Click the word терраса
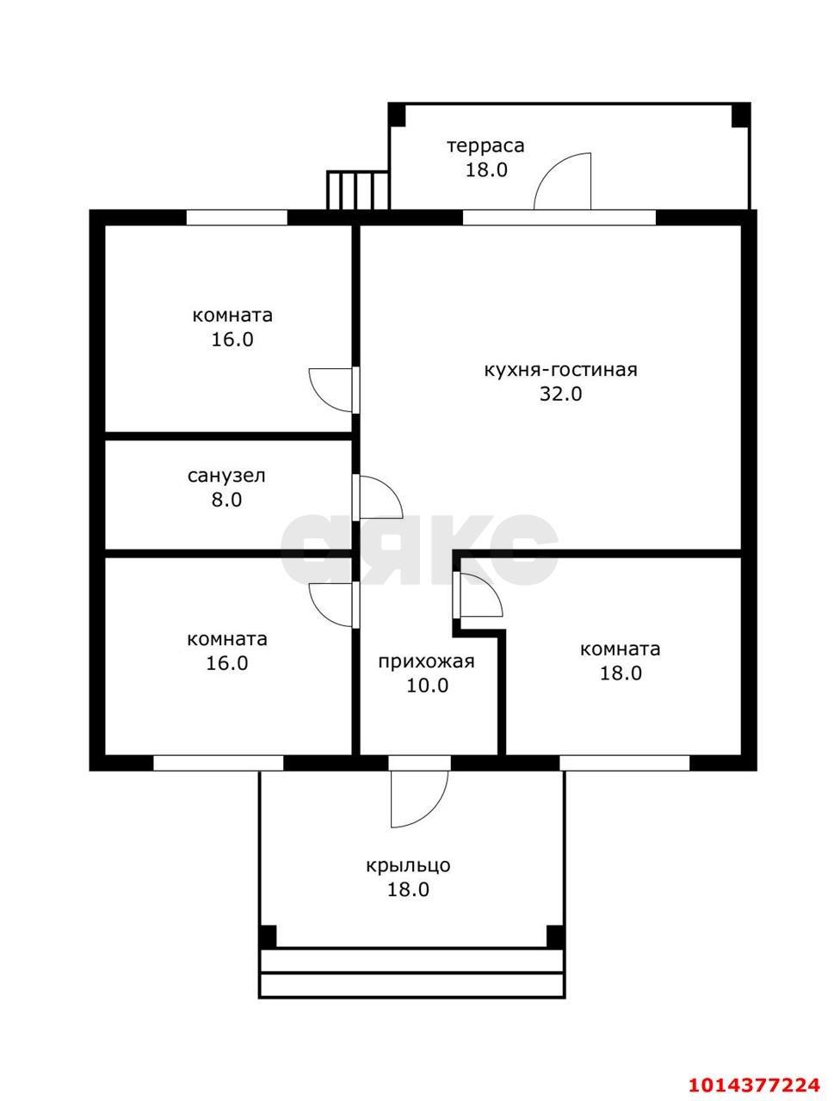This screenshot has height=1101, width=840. (x=485, y=146)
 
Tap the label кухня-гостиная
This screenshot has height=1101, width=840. (x=560, y=370)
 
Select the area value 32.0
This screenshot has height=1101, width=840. (x=560, y=394)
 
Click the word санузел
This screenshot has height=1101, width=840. (x=226, y=476)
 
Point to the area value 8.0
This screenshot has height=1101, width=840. (x=226, y=500)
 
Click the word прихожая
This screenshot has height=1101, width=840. (x=426, y=661)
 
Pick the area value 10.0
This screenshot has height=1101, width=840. (x=427, y=686)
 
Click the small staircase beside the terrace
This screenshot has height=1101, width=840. (x=358, y=190)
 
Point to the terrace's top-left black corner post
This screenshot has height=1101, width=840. (x=397, y=114)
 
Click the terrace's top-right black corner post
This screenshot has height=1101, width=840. (x=741, y=114)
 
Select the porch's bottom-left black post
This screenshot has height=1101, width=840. (x=268, y=937)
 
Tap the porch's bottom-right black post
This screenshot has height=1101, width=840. (x=555, y=937)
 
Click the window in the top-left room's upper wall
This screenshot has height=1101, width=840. (x=237, y=218)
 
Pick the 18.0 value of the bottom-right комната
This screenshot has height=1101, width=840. (x=621, y=674)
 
